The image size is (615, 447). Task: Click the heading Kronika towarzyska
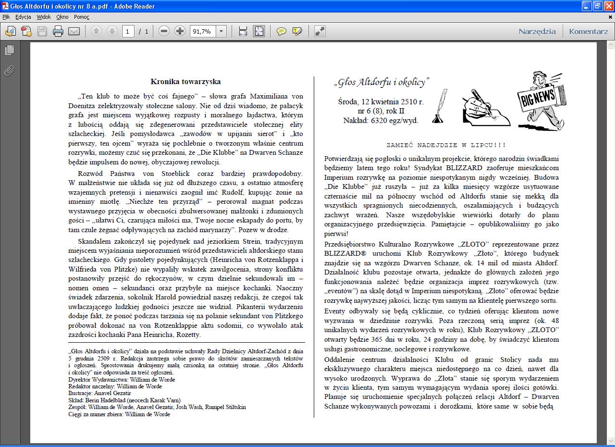[185, 82]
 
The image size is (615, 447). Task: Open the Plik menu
[6, 17]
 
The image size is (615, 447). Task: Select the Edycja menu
[23, 17]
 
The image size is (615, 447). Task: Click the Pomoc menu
[82, 17]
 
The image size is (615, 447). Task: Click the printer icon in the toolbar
[58, 32]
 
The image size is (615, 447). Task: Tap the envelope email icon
[74, 32]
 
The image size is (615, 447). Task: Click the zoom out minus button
[164, 32]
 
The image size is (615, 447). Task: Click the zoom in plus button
[180, 32]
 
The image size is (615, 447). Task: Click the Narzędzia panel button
[537, 32]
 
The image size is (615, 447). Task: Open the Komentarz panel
[588, 32]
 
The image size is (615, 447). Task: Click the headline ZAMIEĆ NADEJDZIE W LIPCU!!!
[446, 145]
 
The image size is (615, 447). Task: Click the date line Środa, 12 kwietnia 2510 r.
[381, 102]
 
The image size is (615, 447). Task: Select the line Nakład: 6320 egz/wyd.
[381, 121]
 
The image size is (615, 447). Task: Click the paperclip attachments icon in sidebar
[9, 71]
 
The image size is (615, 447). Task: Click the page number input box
[128, 32]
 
